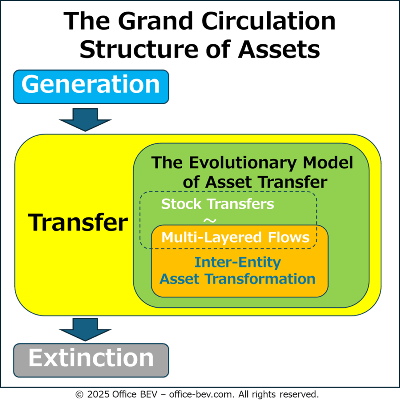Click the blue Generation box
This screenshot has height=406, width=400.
coord(91,87)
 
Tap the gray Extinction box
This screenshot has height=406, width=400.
coord(91,360)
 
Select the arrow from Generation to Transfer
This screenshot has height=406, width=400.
coord(85,120)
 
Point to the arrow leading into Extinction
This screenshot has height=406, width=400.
coord(85,329)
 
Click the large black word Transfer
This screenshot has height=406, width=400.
coord(78,222)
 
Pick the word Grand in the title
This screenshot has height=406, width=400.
coord(156,21)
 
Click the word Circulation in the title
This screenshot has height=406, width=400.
coord(268,21)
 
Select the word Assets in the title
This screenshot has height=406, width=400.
coord(279,49)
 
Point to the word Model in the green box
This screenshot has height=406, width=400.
coord(328,163)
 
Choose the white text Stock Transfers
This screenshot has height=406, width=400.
coord(218,204)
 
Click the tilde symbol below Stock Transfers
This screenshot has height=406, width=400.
coord(210,220)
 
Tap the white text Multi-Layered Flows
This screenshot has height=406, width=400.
coord(235,237)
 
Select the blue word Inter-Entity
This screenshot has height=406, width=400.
coord(238,262)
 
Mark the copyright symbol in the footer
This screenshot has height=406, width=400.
coord(79,395)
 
